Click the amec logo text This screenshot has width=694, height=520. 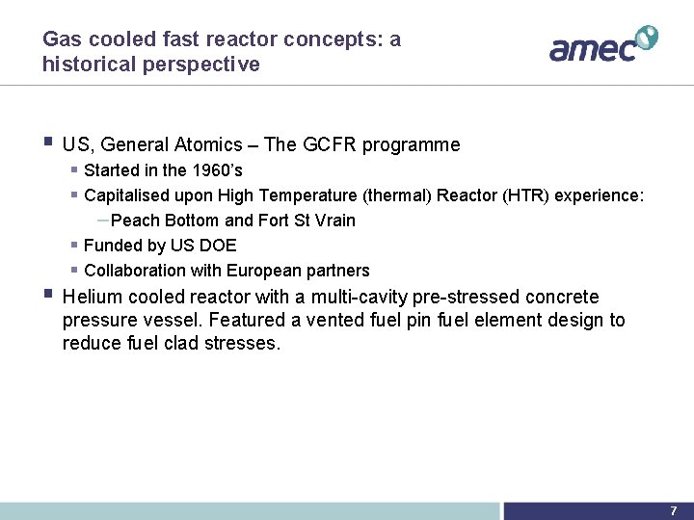coord(593,47)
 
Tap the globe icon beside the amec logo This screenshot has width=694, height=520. coord(646,38)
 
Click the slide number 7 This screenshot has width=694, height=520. coord(673,511)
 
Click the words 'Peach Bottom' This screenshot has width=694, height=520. coord(166,221)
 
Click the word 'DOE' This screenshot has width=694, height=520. coord(218,246)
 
